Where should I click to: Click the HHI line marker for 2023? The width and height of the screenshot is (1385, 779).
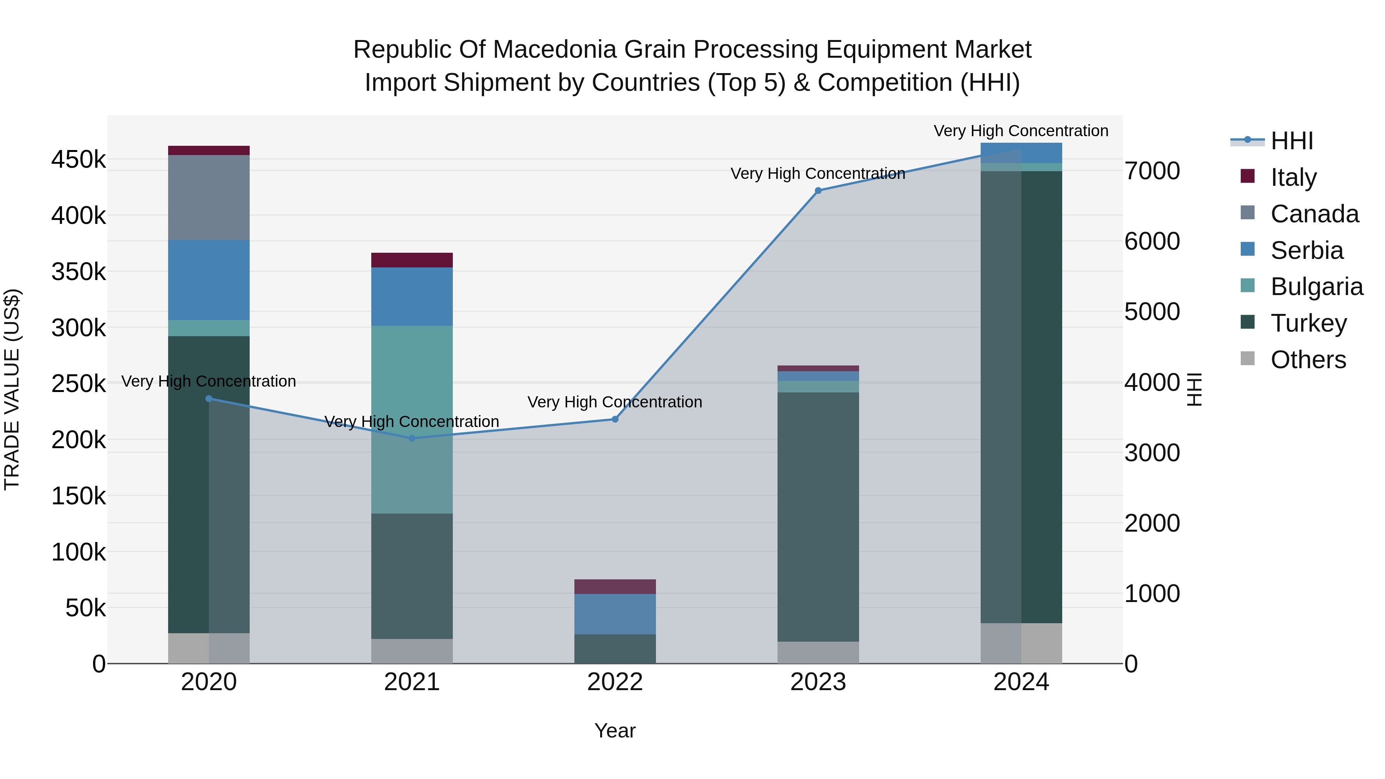818,190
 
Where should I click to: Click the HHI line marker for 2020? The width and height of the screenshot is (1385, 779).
209,399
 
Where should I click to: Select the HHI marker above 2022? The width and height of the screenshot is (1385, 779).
615,419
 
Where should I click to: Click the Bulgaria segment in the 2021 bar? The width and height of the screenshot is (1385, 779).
412,419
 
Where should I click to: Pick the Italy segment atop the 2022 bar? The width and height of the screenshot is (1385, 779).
615,587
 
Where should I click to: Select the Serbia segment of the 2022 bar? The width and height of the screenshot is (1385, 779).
615,614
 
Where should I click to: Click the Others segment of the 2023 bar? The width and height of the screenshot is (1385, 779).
818,652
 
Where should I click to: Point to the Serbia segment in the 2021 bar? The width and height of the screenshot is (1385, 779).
412,296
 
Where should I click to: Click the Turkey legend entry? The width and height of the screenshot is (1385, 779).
1308,323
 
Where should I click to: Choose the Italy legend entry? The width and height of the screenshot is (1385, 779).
1293,177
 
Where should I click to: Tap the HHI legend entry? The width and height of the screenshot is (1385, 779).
1292,141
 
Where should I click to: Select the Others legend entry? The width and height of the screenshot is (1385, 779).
1308,360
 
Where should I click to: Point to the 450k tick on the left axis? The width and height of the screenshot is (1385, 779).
78,160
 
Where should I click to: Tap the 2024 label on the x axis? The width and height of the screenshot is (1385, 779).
1020,682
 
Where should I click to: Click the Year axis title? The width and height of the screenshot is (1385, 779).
615,731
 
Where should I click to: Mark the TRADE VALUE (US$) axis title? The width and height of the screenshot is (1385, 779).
12,389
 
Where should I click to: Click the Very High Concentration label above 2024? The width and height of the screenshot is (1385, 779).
1020,131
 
